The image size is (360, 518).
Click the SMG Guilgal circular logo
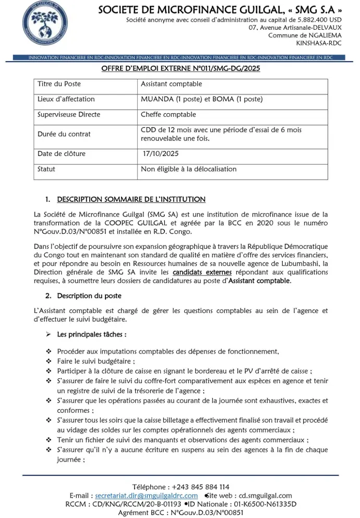tap(45, 26)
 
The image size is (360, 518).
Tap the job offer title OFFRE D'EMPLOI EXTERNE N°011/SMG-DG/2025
tap(181, 69)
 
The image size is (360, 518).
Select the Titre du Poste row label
tap(59, 84)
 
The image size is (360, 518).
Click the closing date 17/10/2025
tap(161, 154)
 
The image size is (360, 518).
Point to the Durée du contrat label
tap(64, 134)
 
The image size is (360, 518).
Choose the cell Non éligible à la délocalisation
tap(188, 169)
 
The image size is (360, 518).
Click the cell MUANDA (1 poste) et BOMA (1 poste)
tap(201, 99)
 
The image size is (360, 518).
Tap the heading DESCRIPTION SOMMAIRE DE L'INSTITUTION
tap(131, 199)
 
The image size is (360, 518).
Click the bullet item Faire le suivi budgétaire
tap(96, 360)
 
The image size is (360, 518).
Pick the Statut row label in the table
tap(46, 169)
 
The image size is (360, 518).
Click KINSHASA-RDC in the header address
tap(319, 43)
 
